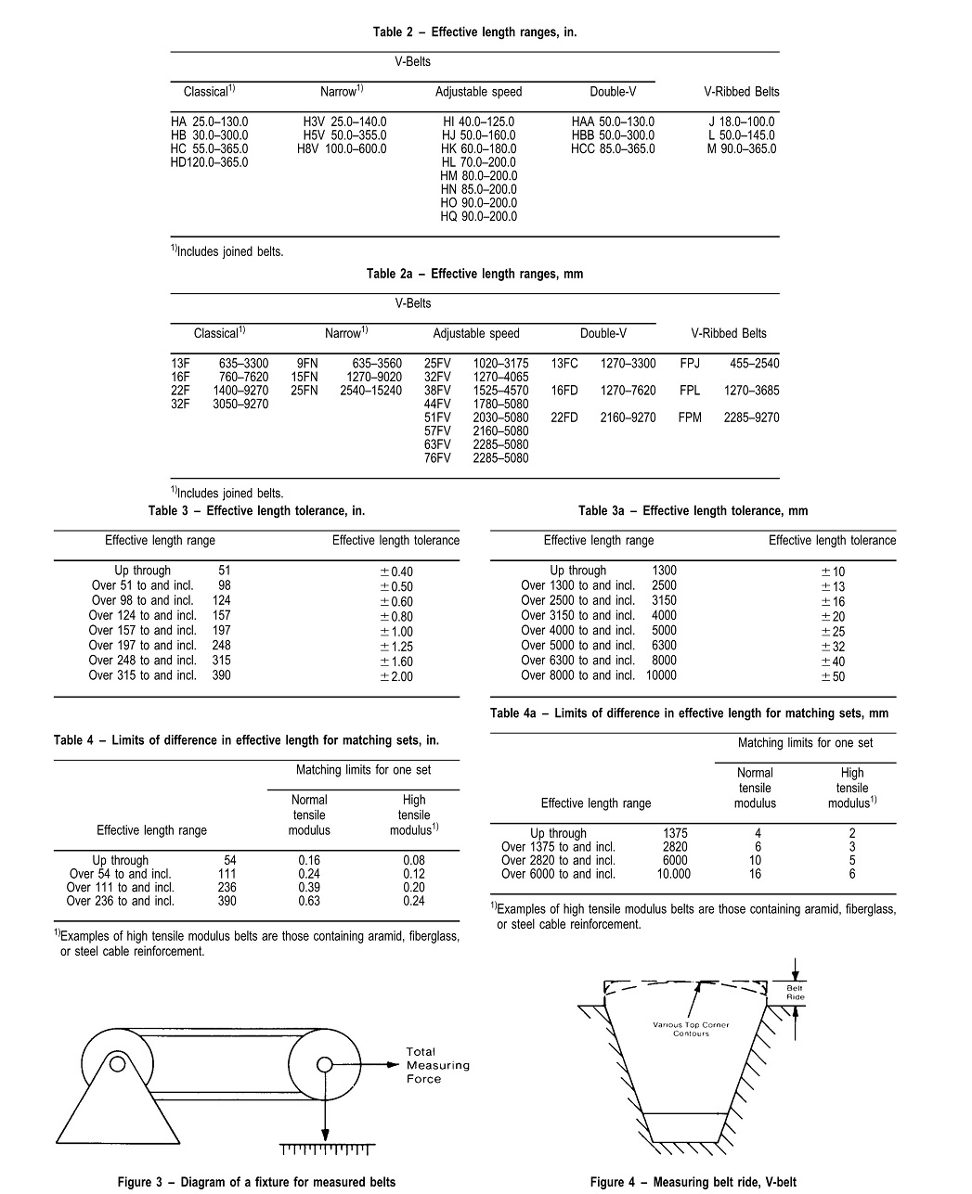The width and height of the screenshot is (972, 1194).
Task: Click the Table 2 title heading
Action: tap(474, 32)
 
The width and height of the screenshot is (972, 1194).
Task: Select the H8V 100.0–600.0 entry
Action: tap(342, 148)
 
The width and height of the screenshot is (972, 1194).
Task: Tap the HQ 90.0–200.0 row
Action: tap(478, 216)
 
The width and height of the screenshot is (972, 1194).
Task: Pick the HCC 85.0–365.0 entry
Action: tap(613, 148)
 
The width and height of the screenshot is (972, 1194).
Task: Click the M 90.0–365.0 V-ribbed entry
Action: tap(741, 148)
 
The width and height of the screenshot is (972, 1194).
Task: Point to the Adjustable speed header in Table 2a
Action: tap(476, 333)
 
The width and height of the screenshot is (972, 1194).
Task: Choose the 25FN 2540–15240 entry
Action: tap(345, 391)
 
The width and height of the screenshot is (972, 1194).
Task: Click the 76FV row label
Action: tap(437, 457)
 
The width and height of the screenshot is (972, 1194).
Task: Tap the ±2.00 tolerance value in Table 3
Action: tap(396, 676)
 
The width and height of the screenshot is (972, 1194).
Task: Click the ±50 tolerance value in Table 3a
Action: tap(833, 676)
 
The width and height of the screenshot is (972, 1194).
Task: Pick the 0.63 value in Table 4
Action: tap(309, 901)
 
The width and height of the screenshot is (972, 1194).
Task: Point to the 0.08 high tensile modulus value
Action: tap(414, 860)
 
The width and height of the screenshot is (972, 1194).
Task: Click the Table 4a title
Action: tap(689, 713)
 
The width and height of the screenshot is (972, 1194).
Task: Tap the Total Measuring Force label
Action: tap(437, 1065)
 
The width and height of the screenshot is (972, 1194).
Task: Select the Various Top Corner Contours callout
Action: tap(691, 1029)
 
